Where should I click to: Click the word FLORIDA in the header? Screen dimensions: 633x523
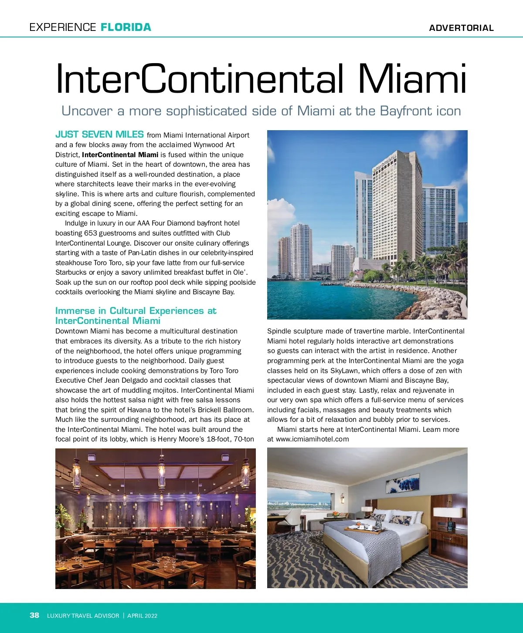click(126, 27)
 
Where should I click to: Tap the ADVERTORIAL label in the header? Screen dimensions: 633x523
click(461, 28)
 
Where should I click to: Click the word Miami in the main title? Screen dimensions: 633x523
click(412, 79)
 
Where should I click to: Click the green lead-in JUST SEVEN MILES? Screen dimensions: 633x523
click(99, 135)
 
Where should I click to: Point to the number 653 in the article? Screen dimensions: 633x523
click(91, 233)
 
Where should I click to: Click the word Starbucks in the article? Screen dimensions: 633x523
click(71, 273)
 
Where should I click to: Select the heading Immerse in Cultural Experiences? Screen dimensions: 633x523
click(136, 311)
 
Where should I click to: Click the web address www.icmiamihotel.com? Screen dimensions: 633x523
click(312, 439)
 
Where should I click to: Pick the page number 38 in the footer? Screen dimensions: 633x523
click(34, 615)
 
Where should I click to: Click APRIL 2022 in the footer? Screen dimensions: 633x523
click(142, 616)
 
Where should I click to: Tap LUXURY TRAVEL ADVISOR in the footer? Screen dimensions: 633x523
click(83, 616)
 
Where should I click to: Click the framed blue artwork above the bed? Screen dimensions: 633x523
click(403, 483)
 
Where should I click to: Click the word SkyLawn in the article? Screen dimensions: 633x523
click(345, 371)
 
